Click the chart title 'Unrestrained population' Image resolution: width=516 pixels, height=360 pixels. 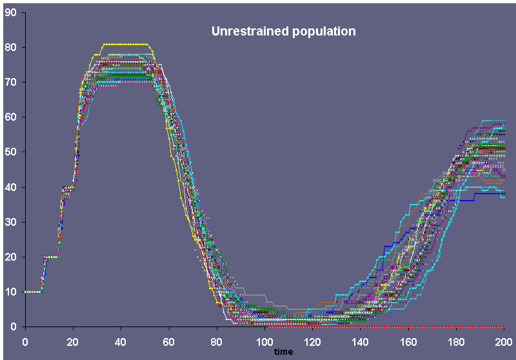click(284, 31)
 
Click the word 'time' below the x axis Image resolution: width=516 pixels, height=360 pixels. click(283, 351)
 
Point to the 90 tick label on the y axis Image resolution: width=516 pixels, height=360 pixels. click(11, 12)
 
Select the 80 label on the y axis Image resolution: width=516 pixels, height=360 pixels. click(11, 47)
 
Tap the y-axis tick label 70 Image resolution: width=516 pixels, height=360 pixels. click(11, 82)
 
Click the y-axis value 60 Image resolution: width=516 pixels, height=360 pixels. click(11, 117)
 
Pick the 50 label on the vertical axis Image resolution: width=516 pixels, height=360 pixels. click(11, 152)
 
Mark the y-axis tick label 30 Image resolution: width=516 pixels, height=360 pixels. click(11, 222)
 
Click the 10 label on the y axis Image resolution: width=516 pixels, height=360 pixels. click(11, 292)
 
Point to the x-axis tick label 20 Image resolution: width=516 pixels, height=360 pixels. click(73, 340)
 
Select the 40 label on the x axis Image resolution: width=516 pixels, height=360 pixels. click(121, 340)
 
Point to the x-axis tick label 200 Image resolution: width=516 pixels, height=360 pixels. click(503, 340)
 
